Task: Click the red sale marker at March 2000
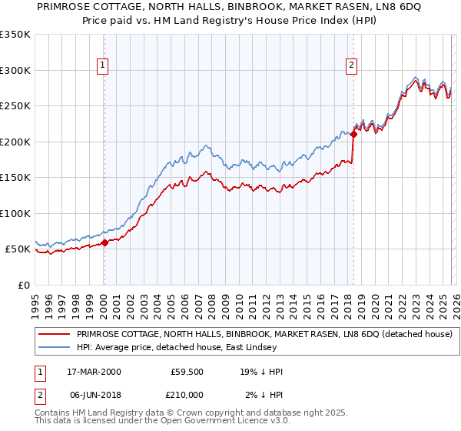click(104, 242)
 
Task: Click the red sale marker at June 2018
click(353, 135)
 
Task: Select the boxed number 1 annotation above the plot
click(103, 65)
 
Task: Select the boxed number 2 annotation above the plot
click(351, 65)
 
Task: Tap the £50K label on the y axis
click(17, 249)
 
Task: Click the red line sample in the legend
click(53, 334)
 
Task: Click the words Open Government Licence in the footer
click(208, 422)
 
